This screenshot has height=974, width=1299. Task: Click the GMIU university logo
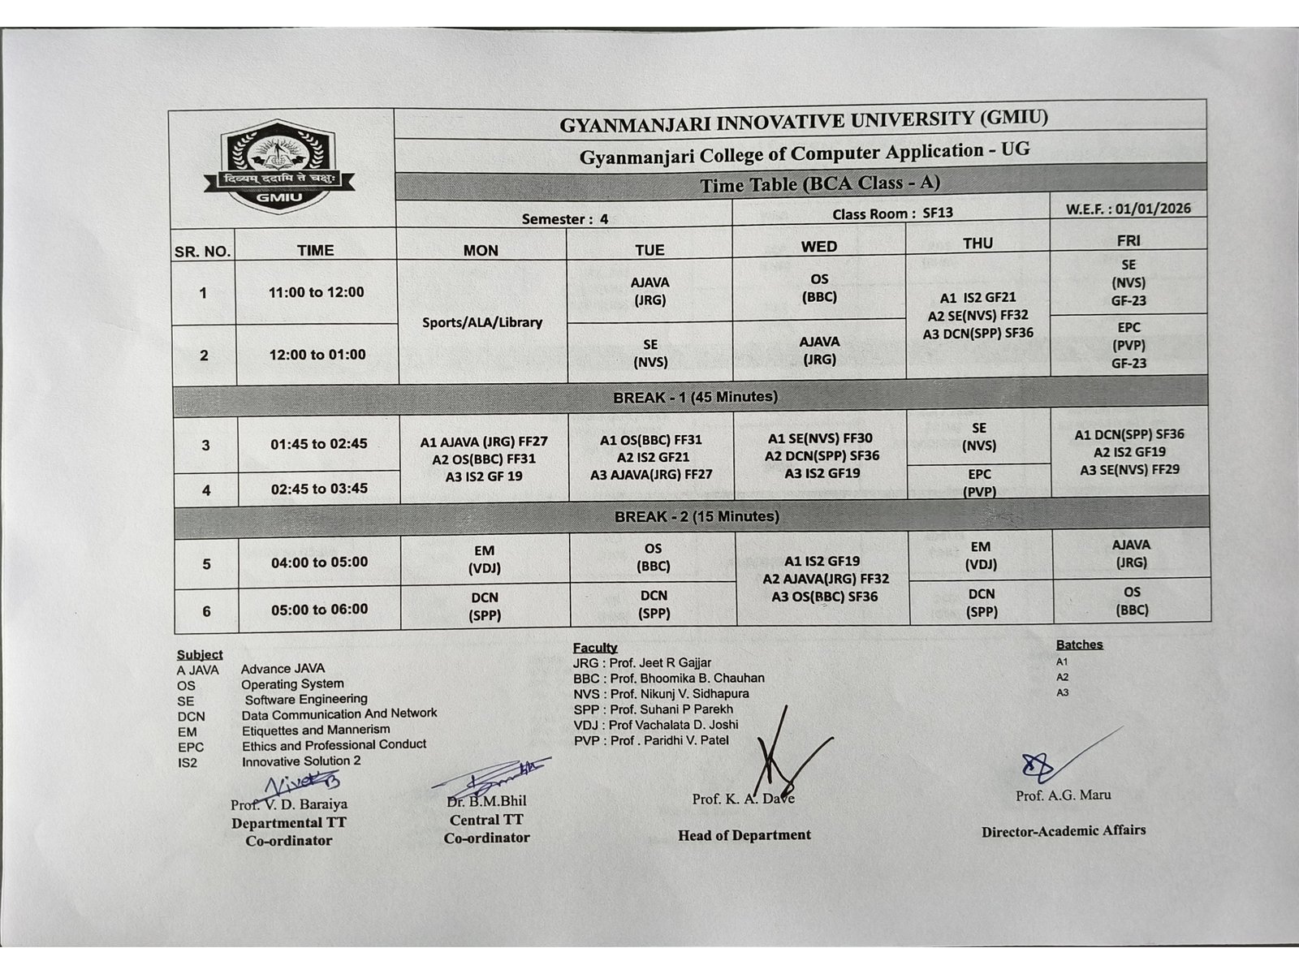(280, 166)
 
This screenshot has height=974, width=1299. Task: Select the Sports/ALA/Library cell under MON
(481, 322)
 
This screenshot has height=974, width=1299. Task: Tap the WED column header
(818, 246)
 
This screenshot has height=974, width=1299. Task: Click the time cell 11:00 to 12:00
(316, 292)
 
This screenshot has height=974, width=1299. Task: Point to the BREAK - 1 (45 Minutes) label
(695, 397)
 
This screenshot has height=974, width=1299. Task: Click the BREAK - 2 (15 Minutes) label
(697, 516)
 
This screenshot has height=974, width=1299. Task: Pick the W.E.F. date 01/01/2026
(1129, 209)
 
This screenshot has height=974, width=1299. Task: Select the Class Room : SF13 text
(892, 213)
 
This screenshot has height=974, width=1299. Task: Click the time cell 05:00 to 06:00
(319, 610)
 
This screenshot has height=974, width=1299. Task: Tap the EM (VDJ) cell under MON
(485, 560)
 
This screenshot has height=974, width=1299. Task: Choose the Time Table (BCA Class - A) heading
(819, 184)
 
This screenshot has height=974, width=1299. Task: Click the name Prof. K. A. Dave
(743, 799)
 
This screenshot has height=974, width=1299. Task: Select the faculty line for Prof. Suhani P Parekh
(653, 709)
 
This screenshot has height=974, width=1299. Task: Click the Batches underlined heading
(1079, 644)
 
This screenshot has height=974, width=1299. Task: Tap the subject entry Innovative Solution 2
(301, 761)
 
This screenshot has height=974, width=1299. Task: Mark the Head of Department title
(744, 834)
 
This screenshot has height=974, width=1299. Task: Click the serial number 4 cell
(206, 490)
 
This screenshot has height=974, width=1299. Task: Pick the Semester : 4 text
(564, 219)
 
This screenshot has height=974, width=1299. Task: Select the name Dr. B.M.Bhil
(486, 801)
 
